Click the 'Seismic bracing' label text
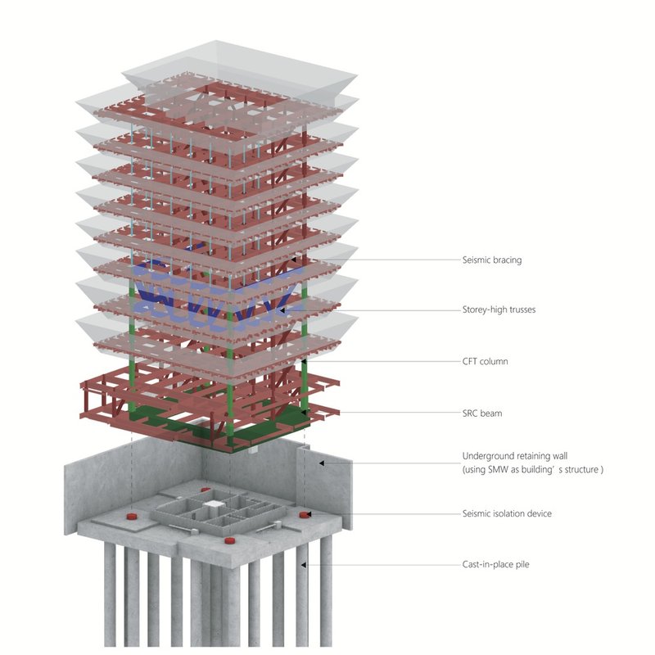(x=491, y=260)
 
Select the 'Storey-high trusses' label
(x=499, y=310)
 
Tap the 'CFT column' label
(x=486, y=361)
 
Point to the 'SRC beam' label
(x=482, y=413)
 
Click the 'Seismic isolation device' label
(x=507, y=513)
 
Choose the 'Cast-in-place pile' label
(x=495, y=564)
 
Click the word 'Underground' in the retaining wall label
(x=488, y=456)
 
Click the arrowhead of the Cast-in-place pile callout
(x=305, y=564)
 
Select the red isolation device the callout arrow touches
(x=305, y=514)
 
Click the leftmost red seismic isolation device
(x=129, y=517)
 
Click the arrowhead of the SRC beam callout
(x=305, y=413)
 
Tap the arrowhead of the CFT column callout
(x=304, y=361)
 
